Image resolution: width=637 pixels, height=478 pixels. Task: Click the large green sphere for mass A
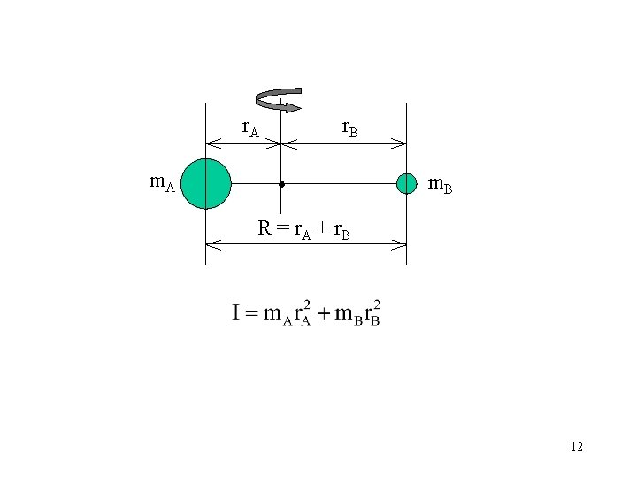(205, 183)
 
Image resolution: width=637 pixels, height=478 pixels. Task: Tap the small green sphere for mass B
(406, 183)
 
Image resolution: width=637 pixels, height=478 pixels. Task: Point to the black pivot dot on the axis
(280, 184)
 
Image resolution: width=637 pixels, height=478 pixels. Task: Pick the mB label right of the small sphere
(440, 185)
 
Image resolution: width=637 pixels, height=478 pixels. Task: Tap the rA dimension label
(250, 128)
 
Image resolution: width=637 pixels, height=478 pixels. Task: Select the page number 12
(577, 446)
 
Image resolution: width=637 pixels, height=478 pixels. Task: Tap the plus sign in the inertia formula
(324, 312)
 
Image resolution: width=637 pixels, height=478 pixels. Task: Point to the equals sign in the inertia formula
(253, 312)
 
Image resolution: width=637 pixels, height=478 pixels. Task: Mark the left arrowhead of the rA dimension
(211, 143)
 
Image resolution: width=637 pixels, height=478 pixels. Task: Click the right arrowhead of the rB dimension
(401, 143)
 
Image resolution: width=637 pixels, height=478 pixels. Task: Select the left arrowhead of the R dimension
(211, 243)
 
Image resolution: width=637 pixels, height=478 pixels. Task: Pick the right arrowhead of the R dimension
(401, 243)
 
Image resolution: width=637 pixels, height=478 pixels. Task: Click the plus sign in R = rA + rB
(321, 228)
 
